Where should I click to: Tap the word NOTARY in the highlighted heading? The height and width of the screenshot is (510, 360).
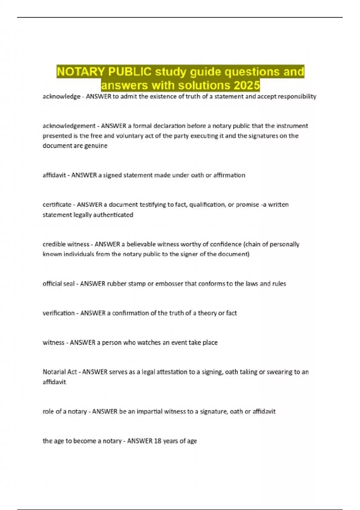[x=81, y=72]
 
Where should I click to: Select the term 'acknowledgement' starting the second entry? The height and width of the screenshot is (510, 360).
[x=69, y=126]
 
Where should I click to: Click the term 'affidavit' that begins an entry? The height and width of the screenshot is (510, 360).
[x=54, y=175]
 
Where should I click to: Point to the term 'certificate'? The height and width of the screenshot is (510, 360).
[x=57, y=205]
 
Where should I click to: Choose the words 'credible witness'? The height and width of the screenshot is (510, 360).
[x=66, y=244]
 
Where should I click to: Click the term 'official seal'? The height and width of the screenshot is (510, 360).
[x=58, y=284]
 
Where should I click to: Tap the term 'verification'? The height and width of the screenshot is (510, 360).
[x=58, y=313]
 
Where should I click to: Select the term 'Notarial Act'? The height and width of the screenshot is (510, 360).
[x=60, y=372]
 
